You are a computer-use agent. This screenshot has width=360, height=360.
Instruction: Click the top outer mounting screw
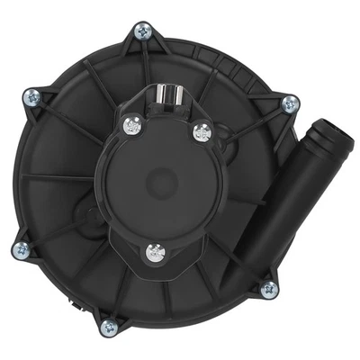pyautogui.click(x=141, y=32)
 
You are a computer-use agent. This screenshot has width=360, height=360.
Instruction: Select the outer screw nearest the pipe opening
pyautogui.click(x=290, y=103)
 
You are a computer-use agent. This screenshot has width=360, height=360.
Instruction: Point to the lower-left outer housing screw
pyautogui.click(x=19, y=248)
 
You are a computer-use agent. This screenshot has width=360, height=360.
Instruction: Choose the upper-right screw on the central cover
pyautogui.click(x=201, y=133)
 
